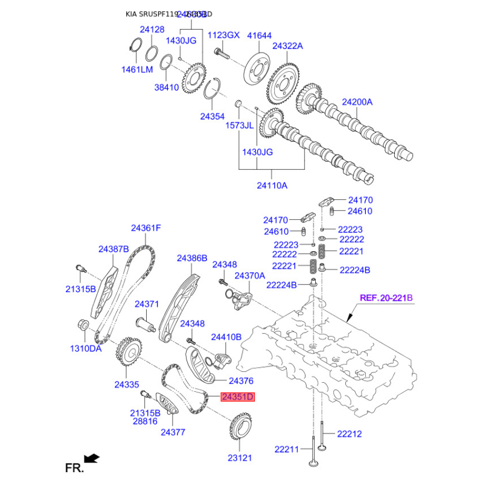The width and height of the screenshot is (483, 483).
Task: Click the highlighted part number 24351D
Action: (x=238, y=397)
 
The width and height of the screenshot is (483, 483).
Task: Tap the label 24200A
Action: (x=357, y=102)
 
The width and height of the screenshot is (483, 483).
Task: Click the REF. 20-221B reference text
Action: (x=386, y=298)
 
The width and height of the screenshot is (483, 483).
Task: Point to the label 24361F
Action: (x=146, y=228)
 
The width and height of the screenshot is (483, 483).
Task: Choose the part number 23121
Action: (x=238, y=458)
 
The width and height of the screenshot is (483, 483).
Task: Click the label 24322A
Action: (x=287, y=46)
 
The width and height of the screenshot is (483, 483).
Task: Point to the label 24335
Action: (x=127, y=384)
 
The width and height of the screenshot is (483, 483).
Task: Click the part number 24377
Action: (x=173, y=432)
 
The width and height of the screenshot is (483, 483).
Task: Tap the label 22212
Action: (x=350, y=433)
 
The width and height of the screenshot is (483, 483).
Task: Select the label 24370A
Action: (x=250, y=275)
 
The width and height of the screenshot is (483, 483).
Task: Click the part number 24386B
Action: (x=192, y=258)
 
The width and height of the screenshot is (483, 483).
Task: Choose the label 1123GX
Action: (x=223, y=35)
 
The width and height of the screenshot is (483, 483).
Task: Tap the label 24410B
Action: (x=226, y=337)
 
